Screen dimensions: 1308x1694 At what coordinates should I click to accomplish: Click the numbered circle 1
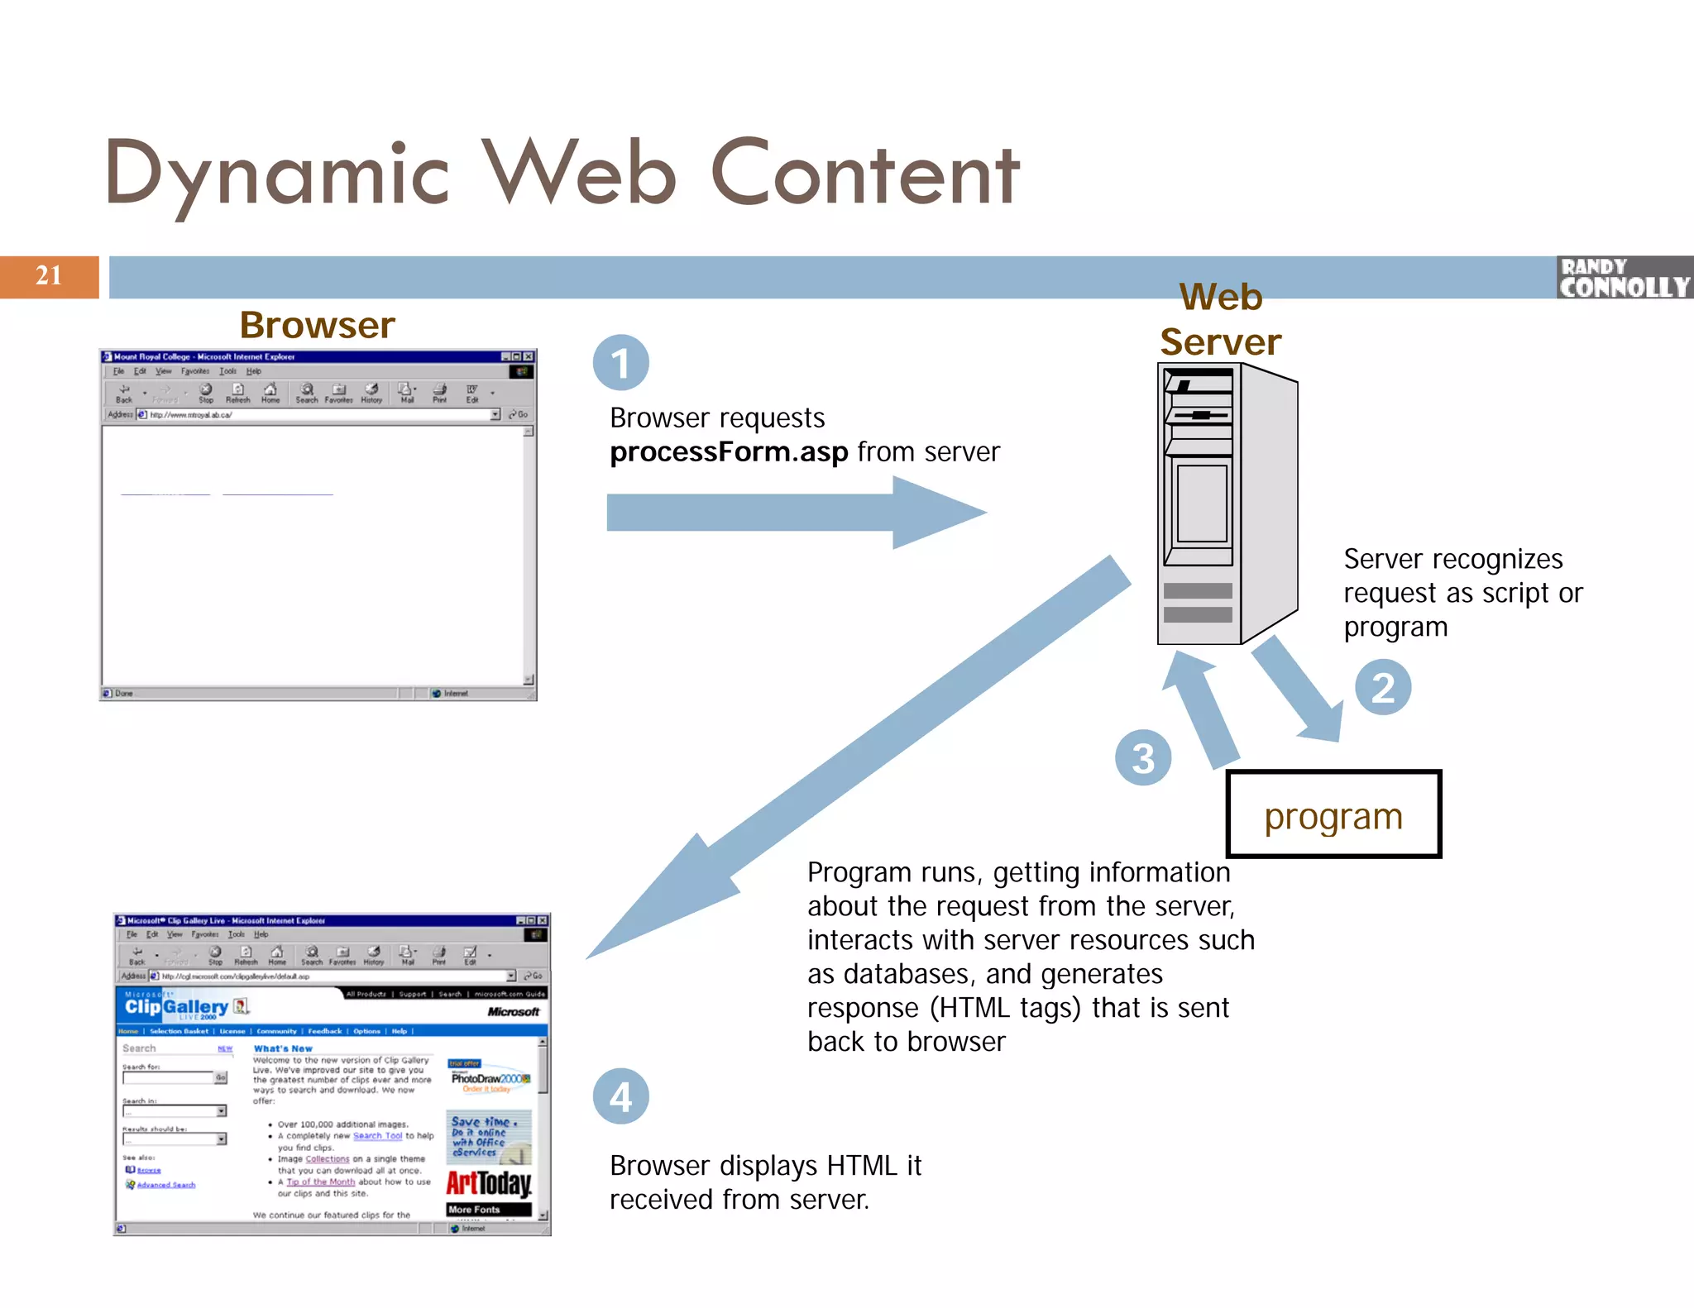[x=620, y=363]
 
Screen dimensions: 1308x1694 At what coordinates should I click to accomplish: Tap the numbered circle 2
[x=1382, y=688]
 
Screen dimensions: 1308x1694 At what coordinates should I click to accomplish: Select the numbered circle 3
[x=1142, y=757]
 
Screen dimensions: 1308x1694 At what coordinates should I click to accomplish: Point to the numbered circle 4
[x=620, y=1096]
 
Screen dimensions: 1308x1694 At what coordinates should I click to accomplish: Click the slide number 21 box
[x=49, y=276]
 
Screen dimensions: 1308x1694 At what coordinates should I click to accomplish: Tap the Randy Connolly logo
[x=1624, y=278]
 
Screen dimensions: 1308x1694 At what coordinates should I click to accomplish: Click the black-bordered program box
[x=1333, y=815]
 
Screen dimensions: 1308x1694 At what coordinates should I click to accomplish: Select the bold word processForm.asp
[x=729, y=452]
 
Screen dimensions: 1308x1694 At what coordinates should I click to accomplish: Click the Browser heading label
[x=317, y=325]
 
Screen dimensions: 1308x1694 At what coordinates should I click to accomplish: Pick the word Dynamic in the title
[x=277, y=175]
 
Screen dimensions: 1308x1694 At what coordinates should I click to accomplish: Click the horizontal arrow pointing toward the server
[x=794, y=513]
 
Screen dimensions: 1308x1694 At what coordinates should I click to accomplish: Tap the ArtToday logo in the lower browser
[x=489, y=1182]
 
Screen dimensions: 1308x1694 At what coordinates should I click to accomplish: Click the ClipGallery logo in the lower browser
[x=176, y=1007]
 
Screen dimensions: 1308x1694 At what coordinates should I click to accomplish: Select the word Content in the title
[x=864, y=175]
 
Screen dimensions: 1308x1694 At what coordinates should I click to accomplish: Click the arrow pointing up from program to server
[x=1200, y=707]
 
